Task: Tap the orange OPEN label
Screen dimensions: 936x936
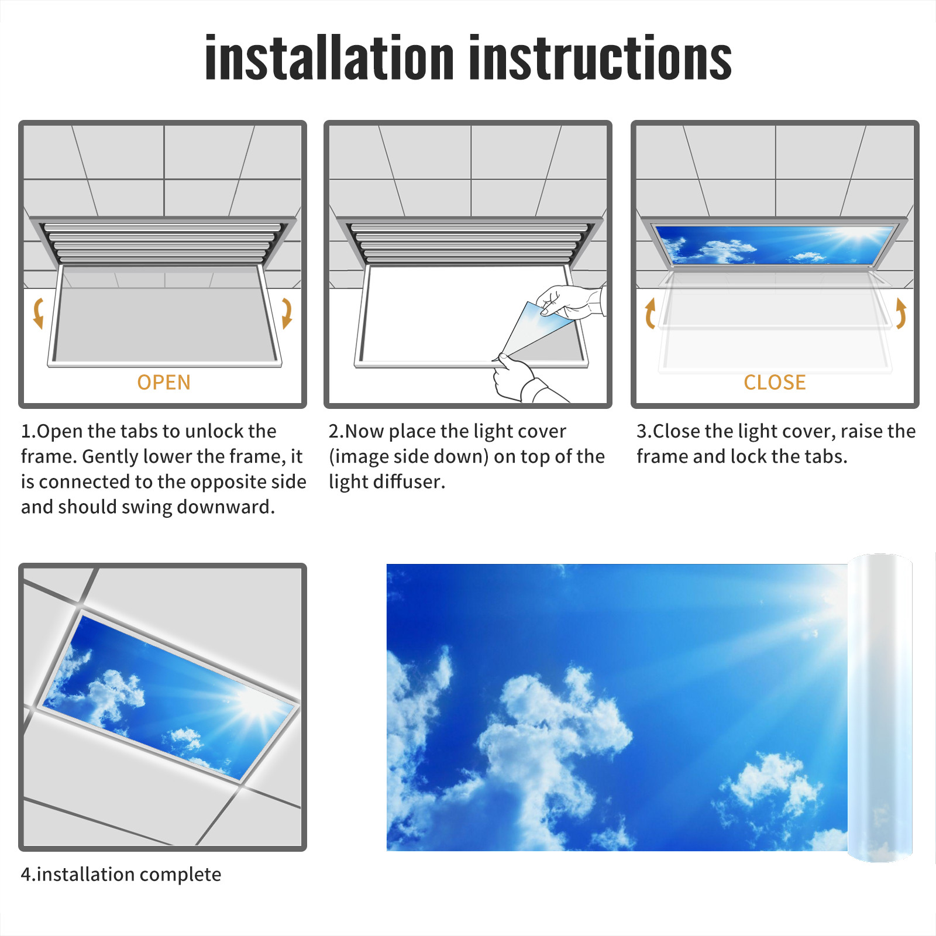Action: (164, 382)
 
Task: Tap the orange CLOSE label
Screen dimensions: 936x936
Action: (775, 382)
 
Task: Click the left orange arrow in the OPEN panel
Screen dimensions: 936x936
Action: (39, 314)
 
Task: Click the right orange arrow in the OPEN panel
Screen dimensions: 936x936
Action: (287, 314)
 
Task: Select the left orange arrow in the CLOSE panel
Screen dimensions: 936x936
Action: (650, 314)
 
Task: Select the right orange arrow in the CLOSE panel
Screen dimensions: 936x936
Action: (901, 314)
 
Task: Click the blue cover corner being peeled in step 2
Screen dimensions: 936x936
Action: (535, 328)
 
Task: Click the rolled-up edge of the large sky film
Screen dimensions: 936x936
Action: (880, 708)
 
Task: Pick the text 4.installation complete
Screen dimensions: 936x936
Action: (121, 874)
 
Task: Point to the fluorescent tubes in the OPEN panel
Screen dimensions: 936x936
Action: (162, 243)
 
